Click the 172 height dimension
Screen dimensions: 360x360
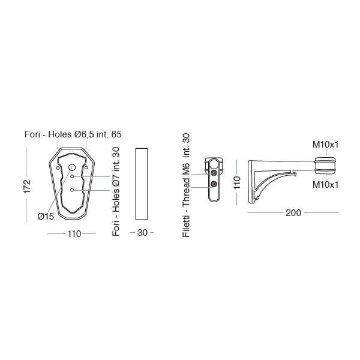27,187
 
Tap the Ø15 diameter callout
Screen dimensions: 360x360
46,216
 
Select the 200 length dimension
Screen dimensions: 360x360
293,213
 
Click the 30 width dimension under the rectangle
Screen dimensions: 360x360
142,233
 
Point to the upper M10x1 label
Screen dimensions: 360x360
325,145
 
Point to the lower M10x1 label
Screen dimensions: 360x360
325,185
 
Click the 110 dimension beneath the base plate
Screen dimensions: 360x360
74,234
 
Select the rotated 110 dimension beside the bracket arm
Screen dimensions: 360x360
237,182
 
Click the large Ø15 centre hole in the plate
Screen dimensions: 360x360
72,167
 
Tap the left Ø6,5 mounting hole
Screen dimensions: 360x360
58,168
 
